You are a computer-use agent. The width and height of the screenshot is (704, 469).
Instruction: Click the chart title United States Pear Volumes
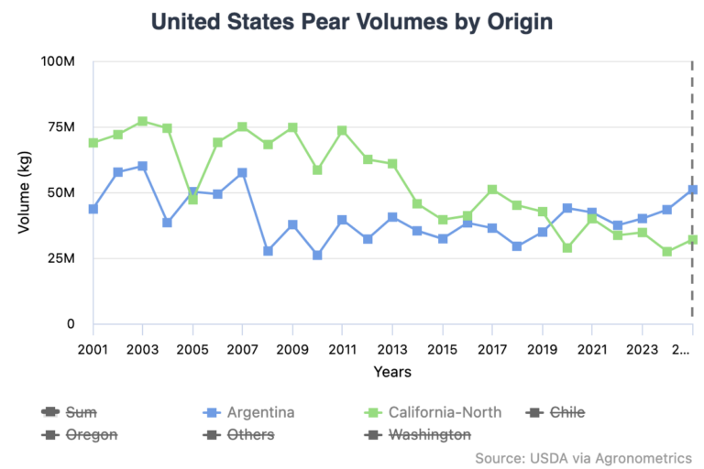(352, 21)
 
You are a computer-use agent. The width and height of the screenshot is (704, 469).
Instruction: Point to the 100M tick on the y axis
(57, 61)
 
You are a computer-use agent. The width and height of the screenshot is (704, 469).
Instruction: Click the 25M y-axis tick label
(59, 258)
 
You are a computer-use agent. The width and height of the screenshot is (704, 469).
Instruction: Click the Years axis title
(391, 371)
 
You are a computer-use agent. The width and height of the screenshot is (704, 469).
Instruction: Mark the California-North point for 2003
(143, 121)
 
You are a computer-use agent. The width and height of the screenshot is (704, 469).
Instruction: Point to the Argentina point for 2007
(242, 172)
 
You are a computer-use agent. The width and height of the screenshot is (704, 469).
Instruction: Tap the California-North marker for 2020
(567, 247)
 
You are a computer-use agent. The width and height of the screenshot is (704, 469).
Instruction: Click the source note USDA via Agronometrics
(583, 457)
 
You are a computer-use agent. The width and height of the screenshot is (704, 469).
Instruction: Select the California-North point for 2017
(492, 189)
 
